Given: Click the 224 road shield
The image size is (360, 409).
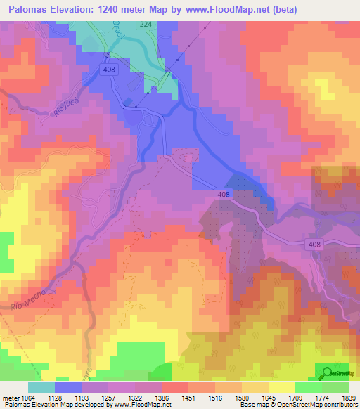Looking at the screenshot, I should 145,24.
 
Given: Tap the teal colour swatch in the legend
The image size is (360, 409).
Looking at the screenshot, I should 41,387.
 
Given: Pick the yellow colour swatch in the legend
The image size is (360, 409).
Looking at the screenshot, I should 282,387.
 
